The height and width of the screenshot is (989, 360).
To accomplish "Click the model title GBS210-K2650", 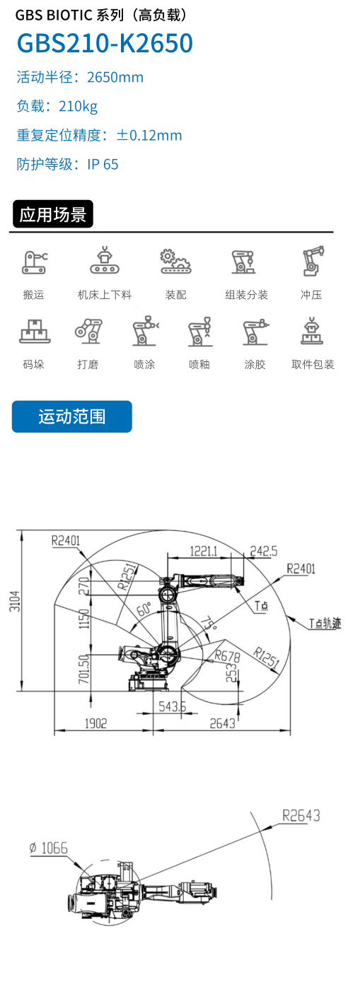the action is pos(105,43).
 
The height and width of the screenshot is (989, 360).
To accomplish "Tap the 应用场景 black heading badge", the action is pos(53,214).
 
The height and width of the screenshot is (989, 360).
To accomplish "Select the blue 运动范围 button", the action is pos(72,416).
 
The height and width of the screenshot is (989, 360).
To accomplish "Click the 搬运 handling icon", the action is pos(35,262).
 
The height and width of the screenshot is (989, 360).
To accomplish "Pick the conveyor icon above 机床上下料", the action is pos(105,260).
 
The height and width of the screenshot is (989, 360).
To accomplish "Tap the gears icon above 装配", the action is pos(175,262).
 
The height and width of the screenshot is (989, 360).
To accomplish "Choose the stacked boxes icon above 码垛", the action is pos(35,331).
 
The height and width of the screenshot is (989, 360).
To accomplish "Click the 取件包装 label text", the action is pos(313,364).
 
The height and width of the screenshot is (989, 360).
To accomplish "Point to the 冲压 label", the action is pos(311,295).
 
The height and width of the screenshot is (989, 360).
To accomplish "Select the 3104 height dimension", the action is pos(15,601).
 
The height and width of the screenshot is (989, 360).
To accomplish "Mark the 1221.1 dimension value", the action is pos(204,551).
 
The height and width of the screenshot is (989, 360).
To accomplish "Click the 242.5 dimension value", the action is pos(264,551).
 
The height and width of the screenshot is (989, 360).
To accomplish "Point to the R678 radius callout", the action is pos(228,657).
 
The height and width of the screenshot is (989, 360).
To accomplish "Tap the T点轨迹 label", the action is pos(325,624).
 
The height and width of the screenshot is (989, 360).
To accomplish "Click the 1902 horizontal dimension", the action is pos(96,723).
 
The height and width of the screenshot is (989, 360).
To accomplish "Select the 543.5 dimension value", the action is pos(173,706).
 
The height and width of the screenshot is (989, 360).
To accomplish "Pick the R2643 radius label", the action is pos(301,816).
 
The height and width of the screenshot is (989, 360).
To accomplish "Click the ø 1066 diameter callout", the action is pos(49,848).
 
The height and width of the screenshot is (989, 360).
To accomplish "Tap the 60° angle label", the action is pos(144,609).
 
